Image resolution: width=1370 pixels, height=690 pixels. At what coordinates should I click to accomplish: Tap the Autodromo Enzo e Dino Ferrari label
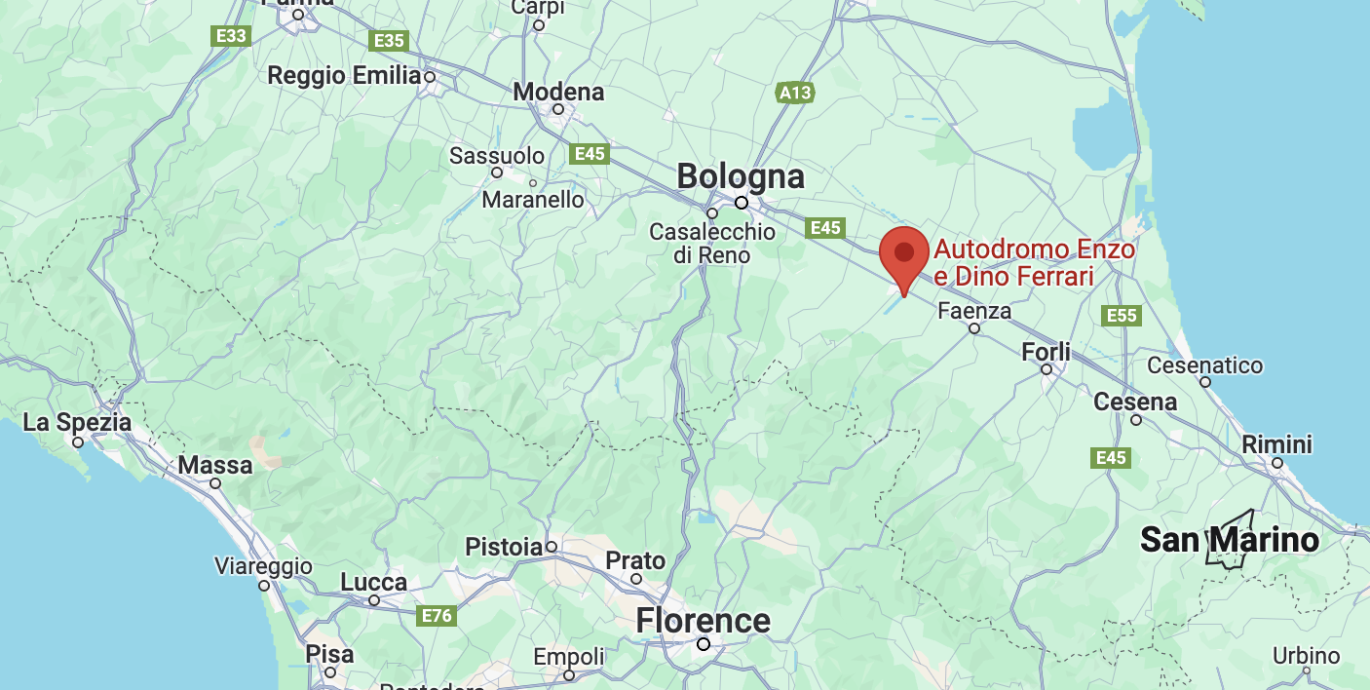pyautogui.click(x=1034, y=263)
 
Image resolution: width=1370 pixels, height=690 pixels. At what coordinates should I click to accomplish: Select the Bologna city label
pyautogui.click(x=741, y=177)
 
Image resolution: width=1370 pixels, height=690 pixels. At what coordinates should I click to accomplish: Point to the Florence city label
pyautogui.click(x=703, y=621)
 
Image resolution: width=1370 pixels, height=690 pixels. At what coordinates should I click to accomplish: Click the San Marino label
pyautogui.click(x=1230, y=539)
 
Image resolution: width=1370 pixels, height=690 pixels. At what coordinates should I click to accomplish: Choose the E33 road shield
pyautogui.click(x=232, y=36)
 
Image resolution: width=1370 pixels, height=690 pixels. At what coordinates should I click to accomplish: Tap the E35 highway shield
pyautogui.click(x=389, y=40)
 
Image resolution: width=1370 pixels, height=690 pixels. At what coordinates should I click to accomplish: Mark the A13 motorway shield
pyautogui.click(x=795, y=93)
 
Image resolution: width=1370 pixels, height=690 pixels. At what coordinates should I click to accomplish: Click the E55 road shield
pyautogui.click(x=1122, y=315)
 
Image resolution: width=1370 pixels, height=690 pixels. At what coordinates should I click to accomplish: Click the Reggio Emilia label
pyautogui.click(x=344, y=75)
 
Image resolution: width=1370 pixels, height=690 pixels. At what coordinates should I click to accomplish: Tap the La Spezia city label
pyautogui.click(x=77, y=423)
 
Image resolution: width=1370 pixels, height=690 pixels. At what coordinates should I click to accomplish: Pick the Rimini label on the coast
pyautogui.click(x=1277, y=444)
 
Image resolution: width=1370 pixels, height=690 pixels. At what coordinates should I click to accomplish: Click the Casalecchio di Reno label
pyautogui.click(x=712, y=244)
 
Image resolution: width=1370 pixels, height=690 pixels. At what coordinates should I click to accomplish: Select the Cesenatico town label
pyautogui.click(x=1204, y=365)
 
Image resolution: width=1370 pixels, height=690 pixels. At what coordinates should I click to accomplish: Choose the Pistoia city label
pyautogui.click(x=503, y=547)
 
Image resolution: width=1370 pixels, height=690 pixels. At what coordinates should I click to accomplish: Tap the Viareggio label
pyautogui.click(x=263, y=566)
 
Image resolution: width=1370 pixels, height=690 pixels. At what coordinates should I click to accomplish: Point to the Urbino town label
pyautogui.click(x=1307, y=656)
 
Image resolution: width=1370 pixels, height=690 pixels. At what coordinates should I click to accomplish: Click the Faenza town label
pyautogui.click(x=973, y=311)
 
